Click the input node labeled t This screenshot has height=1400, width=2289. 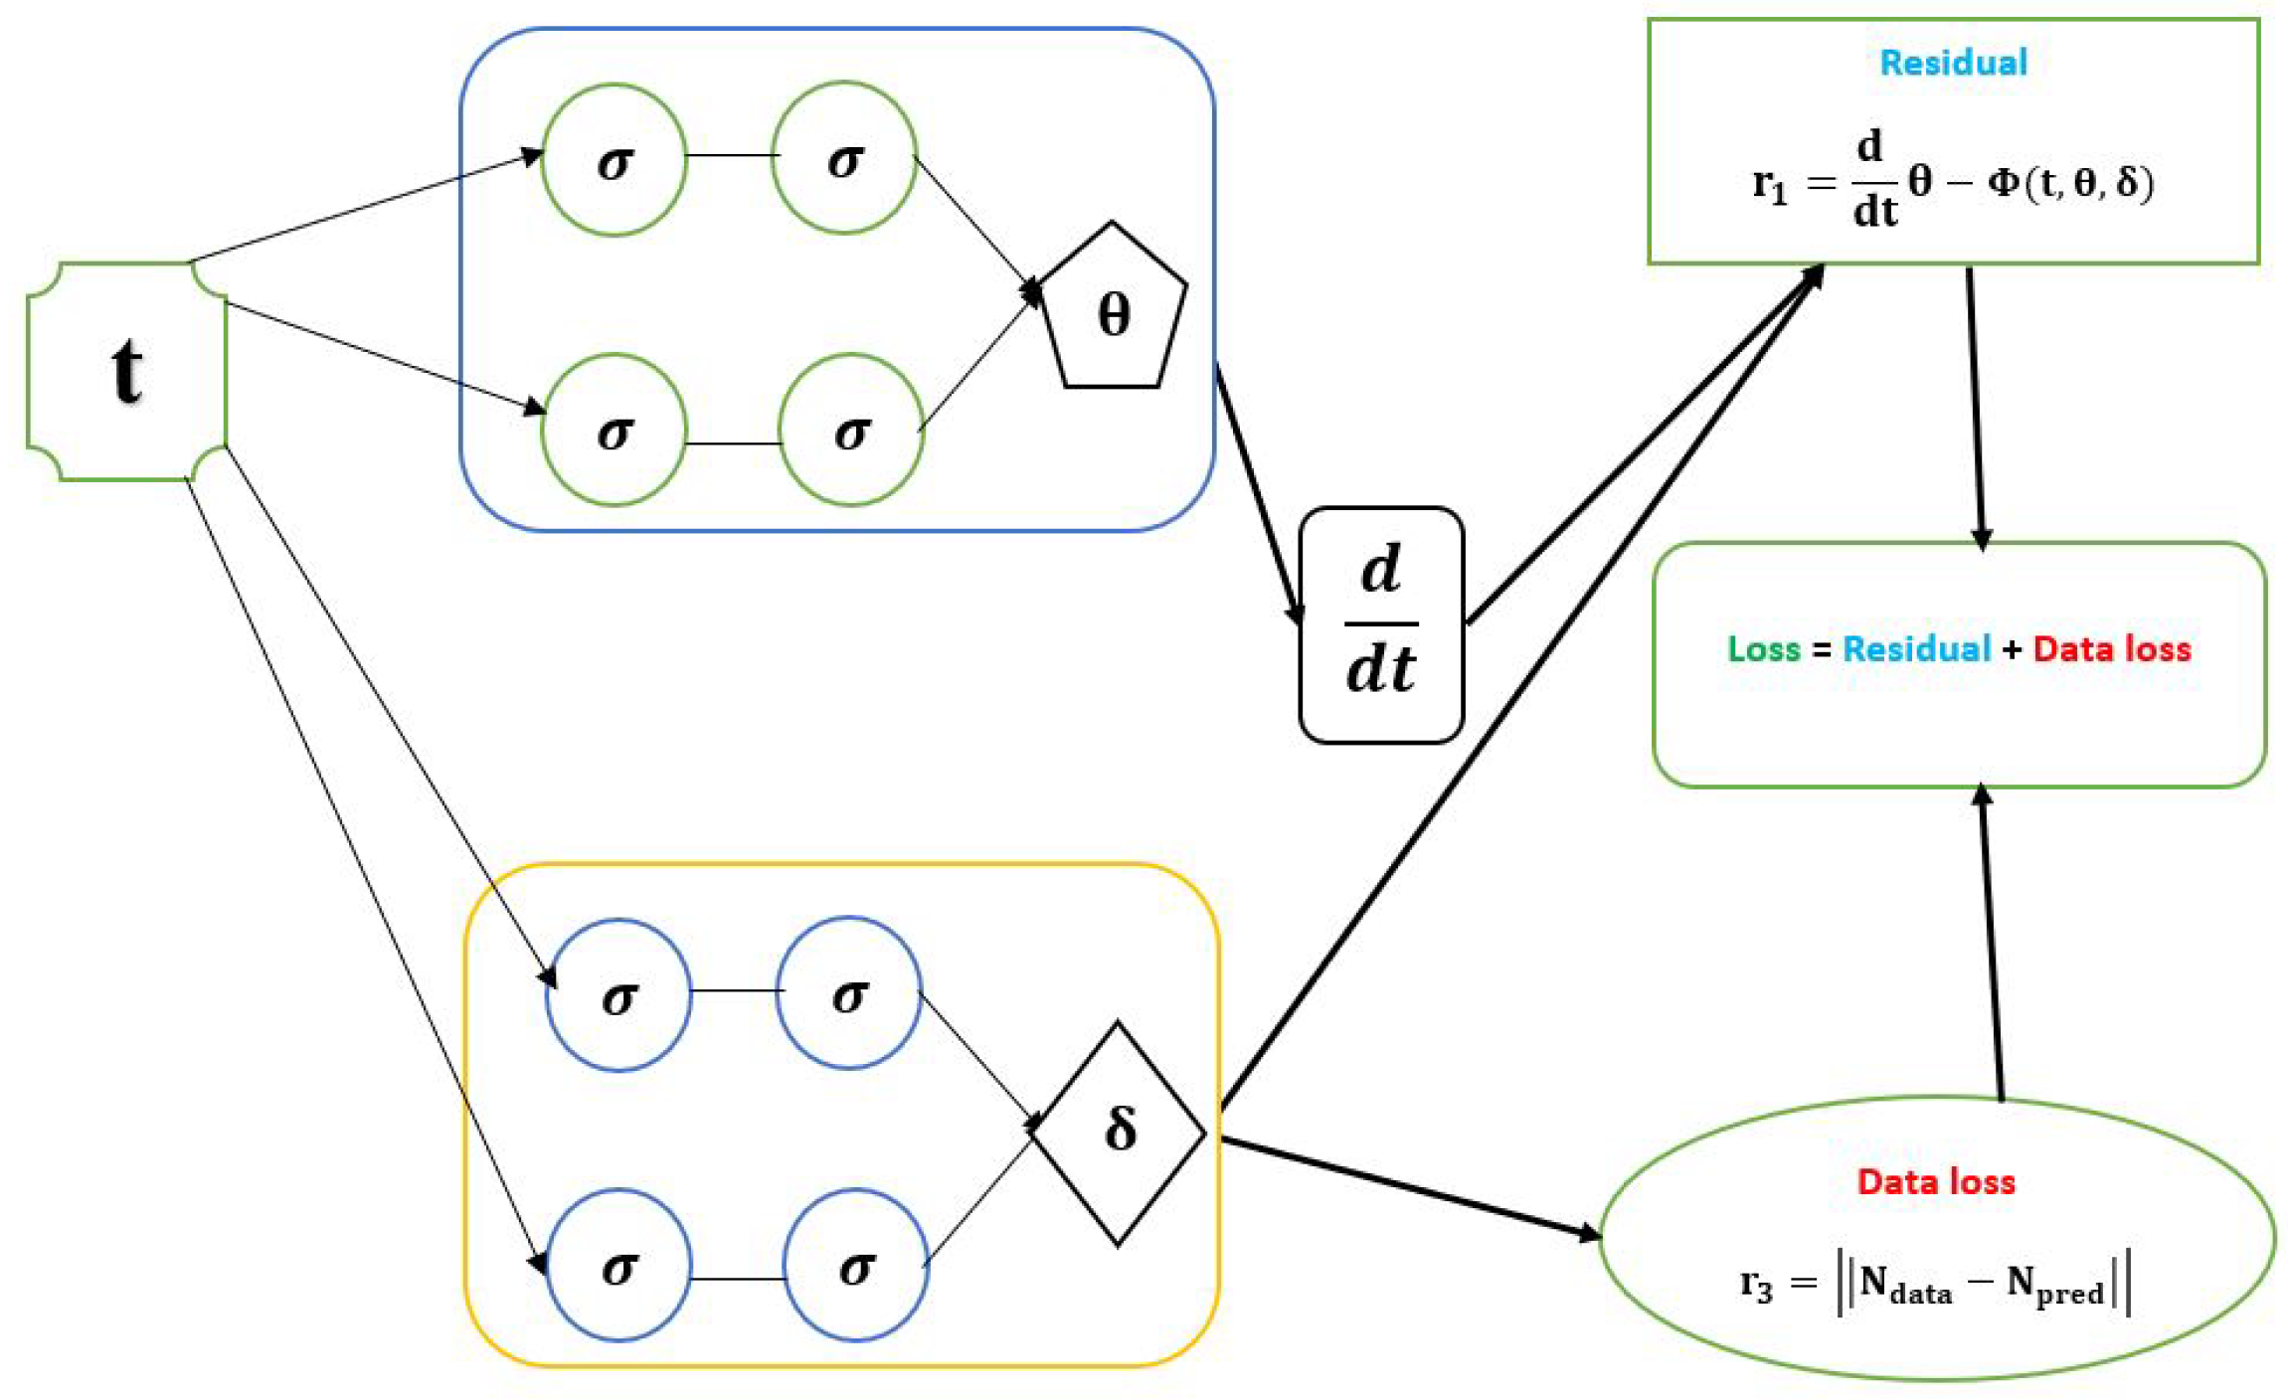pyautogui.click(x=126, y=371)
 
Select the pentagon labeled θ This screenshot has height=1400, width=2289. pyautogui.click(x=1113, y=313)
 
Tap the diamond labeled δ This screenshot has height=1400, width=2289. pyautogui.click(x=1119, y=1132)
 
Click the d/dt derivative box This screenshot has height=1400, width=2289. pyautogui.click(x=1381, y=624)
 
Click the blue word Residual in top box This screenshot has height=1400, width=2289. pyautogui.click(x=1953, y=63)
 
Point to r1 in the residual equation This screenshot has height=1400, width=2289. pyautogui.click(x=1769, y=185)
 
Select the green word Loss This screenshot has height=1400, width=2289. pyautogui.click(x=1764, y=649)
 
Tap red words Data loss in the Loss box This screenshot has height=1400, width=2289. pyautogui.click(x=2112, y=649)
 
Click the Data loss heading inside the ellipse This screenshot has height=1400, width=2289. pyautogui.click(x=1936, y=1181)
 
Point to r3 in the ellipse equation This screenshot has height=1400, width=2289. pyautogui.click(x=1756, y=1285)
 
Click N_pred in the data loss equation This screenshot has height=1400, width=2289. pyautogui.click(x=2054, y=1285)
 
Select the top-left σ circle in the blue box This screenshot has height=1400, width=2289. pyautogui.click(x=615, y=159)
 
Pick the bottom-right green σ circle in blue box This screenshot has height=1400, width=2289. pyautogui.click(x=851, y=430)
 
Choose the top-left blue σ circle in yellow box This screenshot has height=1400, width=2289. pyautogui.click(x=618, y=994)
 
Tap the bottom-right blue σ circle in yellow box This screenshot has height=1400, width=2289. pyautogui.click(x=856, y=1265)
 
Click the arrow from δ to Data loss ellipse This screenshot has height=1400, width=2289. pyautogui.click(x=1412, y=1187)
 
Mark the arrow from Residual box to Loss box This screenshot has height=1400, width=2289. pyautogui.click(x=1975, y=408)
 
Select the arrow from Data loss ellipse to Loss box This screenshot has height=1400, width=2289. pyautogui.click(x=1991, y=945)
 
